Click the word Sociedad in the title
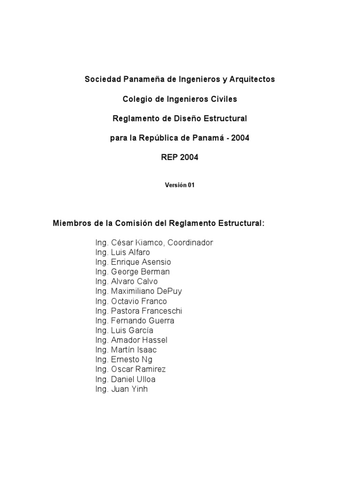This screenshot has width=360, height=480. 99,79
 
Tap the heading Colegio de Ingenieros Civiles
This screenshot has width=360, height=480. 180,99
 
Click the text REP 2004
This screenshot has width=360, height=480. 180,157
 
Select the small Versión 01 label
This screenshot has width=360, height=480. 180,185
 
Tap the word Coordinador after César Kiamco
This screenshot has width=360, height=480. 190,243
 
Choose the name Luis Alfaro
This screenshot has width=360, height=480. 130,252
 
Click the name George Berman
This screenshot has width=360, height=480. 140,272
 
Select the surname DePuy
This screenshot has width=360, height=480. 170,291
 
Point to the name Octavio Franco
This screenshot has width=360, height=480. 139,301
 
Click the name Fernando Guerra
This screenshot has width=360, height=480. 142,321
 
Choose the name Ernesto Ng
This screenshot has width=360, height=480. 132,360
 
